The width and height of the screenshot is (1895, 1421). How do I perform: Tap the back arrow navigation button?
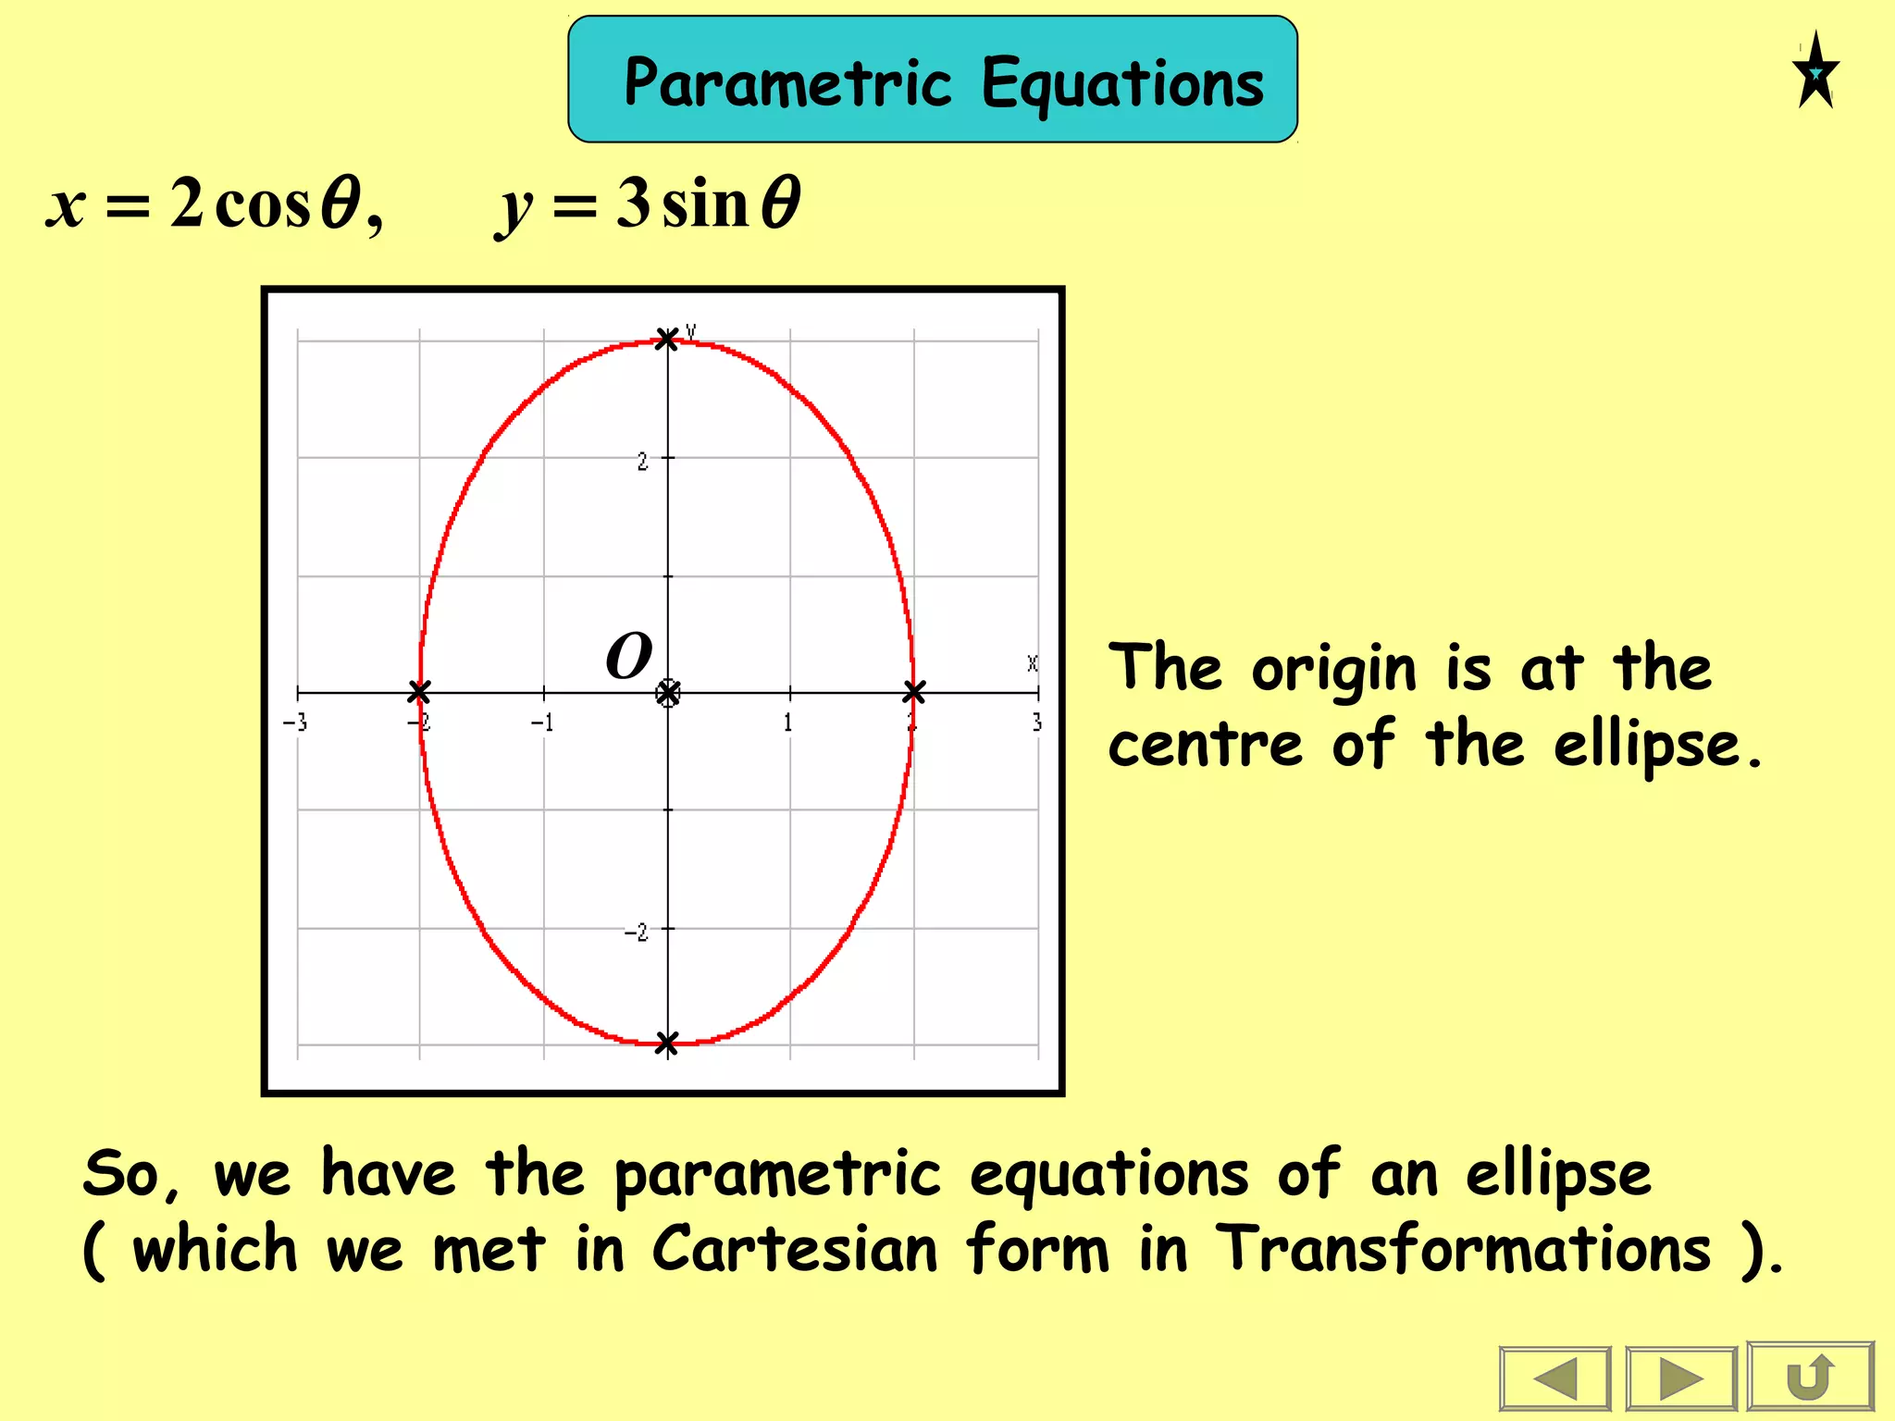1554,1379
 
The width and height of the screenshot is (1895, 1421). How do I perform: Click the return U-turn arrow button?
1811,1378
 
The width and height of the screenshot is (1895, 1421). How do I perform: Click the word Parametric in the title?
787,83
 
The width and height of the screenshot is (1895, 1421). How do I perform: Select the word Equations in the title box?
1121,83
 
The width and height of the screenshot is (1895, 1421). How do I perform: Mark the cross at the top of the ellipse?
666,339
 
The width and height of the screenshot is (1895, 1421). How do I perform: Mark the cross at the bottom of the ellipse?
666,1044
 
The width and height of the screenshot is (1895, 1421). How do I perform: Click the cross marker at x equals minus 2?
419,691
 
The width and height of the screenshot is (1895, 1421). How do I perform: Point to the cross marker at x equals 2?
913,691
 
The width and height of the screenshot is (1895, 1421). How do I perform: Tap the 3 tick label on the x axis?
1036,723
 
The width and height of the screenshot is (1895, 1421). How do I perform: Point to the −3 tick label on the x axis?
295,723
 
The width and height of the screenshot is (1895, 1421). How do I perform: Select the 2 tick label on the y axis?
642,461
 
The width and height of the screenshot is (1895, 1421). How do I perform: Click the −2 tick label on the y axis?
637,932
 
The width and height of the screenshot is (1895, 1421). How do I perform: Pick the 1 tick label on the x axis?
787,723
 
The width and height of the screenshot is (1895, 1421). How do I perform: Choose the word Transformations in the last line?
1463,1249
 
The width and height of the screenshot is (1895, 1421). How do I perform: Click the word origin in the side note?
1333,669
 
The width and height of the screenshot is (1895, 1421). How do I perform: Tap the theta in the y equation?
780,203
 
